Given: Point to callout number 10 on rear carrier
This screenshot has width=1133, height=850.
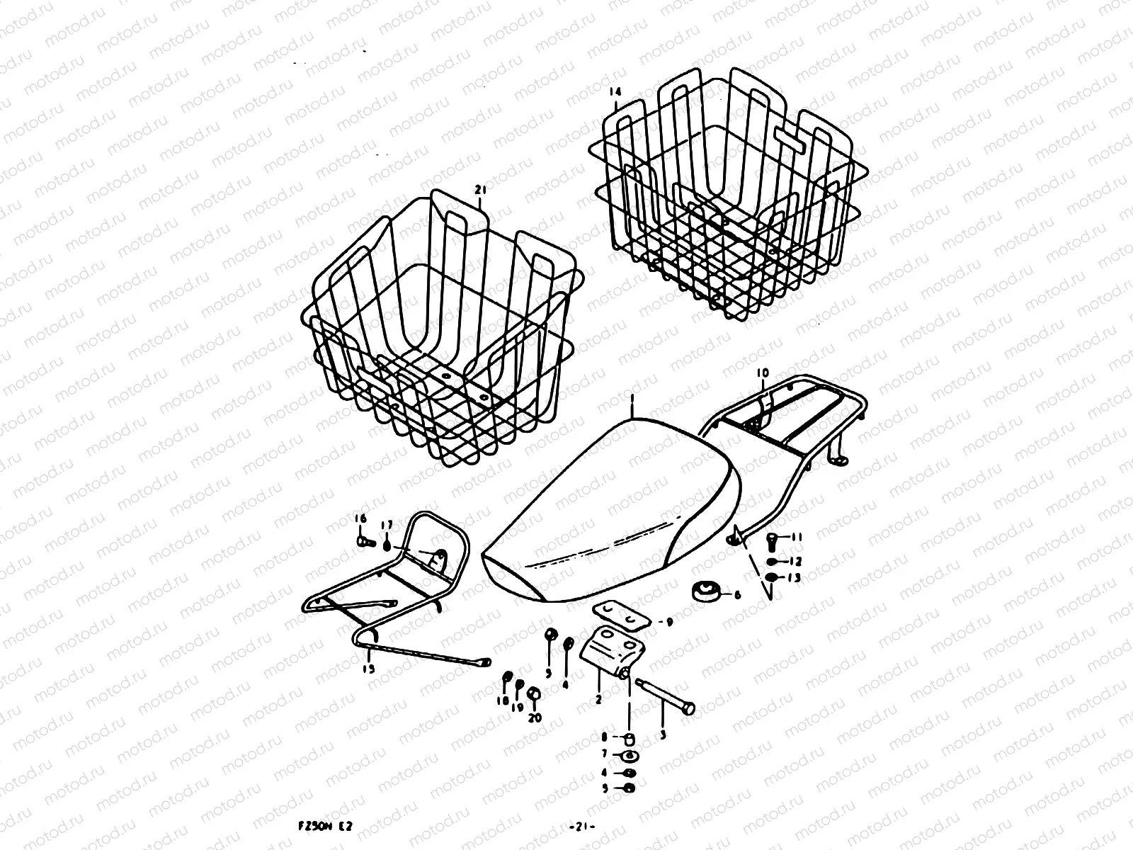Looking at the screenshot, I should tap(763, 373).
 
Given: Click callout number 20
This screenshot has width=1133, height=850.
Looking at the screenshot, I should tap(534, 718).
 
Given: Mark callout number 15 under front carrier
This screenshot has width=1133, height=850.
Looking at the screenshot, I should tap(369, 668).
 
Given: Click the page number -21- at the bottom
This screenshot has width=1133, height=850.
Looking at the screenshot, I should tap(582, 826).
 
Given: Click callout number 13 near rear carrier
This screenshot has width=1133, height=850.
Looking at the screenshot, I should tap(794, 578).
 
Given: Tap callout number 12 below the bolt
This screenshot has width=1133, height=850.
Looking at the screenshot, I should tap(794, 561).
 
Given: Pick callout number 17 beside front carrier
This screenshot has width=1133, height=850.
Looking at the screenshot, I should tap(387, 525).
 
